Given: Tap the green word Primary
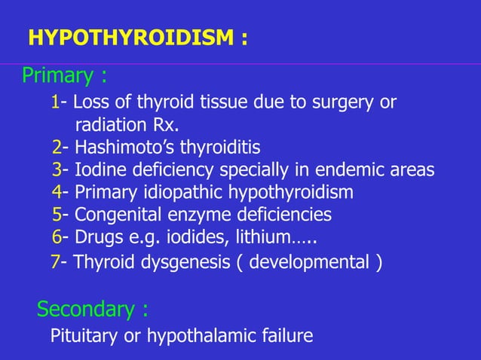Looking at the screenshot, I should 57,76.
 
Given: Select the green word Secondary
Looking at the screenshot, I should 84,309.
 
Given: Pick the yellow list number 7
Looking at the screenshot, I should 55,263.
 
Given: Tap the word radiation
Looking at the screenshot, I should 111,124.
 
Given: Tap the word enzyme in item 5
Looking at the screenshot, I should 194,215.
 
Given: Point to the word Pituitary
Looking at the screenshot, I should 82,335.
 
